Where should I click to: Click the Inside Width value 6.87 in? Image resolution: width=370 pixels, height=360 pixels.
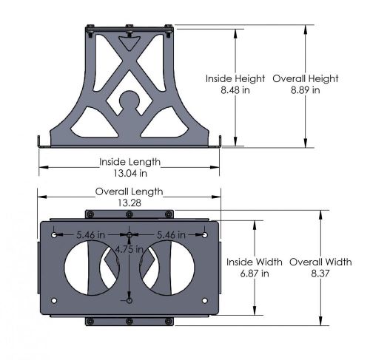[255, 273]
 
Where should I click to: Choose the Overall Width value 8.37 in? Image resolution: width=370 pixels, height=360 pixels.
[320, 273]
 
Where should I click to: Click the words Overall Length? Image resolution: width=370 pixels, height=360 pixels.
[129, 191]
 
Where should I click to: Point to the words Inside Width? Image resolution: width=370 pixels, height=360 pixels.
[255, 262]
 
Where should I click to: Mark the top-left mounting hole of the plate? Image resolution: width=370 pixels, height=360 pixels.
[55, 236]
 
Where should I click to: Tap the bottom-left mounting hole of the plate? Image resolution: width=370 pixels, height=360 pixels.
[55, 302]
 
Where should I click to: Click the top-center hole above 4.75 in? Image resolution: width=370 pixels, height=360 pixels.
[129, 236]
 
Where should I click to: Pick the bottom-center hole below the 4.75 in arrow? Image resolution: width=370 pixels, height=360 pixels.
[129, 302]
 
